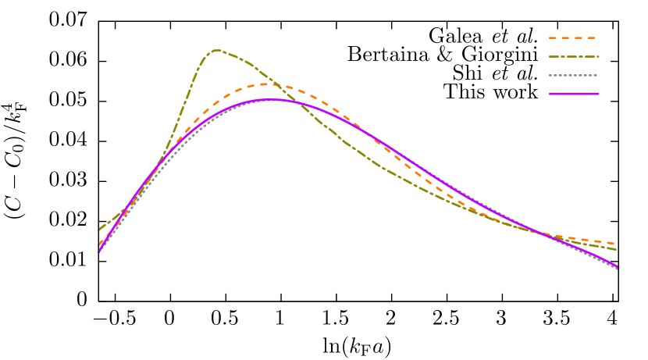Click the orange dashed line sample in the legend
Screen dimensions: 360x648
coord(573,37)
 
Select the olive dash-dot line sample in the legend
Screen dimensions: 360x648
coord(573,56)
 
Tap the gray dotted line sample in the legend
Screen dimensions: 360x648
coord(573,75)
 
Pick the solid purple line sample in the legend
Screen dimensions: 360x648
coord(573,94)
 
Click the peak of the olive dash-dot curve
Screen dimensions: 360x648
coord(216,50)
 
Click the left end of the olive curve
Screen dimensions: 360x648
coord(99,230)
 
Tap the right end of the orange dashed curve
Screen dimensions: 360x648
coord(617,244)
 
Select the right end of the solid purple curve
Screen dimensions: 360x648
coord(618,268)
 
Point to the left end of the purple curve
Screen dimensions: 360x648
coord(99,251)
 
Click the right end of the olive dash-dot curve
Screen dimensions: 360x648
coord(617,249)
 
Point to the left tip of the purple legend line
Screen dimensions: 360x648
coord(550,94)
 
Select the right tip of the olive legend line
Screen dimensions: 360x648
coord(599,56)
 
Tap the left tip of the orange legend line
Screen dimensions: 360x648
coord(550,37)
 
